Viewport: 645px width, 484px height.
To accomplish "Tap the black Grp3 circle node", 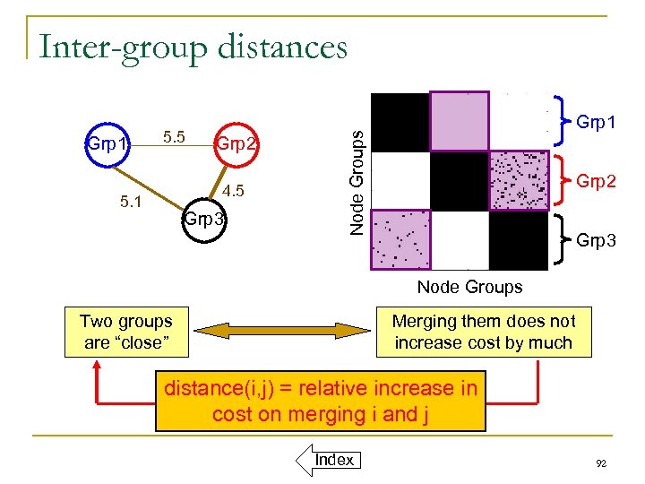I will coord(204,219).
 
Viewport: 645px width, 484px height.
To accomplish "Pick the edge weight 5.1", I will coord(131,203).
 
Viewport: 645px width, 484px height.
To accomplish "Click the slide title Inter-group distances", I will coord(192,47).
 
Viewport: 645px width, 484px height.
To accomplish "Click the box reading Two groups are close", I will coord(126,332).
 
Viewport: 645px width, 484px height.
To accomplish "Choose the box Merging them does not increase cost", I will coord(484,332).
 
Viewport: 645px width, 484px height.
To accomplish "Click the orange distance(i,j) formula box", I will coord(320,402).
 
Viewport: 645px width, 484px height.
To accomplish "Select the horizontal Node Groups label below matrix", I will coord(469,288).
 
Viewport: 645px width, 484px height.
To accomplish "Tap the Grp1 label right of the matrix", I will coord(596,119).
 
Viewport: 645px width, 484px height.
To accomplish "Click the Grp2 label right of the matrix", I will coord(596,182).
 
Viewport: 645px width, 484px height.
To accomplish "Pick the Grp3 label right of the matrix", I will coord(596,240).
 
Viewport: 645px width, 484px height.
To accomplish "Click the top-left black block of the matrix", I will coord(400,121).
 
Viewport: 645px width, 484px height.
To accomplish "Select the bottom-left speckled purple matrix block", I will coord(400,239).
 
